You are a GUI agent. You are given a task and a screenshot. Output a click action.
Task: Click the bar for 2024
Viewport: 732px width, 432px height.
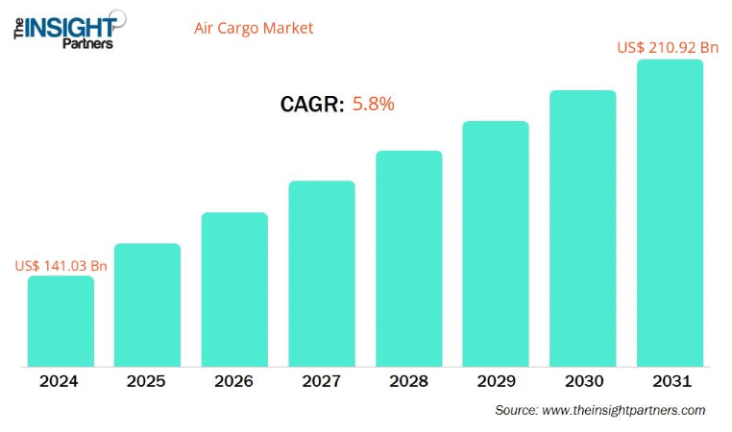pyautogui.click(x=61, y=322)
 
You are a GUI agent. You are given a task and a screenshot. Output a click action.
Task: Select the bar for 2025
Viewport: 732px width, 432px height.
pyautogui.click(x=147, y=305)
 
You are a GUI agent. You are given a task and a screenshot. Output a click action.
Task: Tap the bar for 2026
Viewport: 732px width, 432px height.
pyautogui.click(x=234, y=290)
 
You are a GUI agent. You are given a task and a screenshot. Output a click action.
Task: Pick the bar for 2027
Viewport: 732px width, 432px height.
pyautogui.click(x=322, y=274)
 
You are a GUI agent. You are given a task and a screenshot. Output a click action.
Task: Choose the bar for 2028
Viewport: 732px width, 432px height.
pyautogui.click(x=408, y=259)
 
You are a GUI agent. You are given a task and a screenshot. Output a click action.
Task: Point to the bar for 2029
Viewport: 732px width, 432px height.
pyautogui.click(x=496, y=244)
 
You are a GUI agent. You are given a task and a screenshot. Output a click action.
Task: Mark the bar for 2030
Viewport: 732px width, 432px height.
pyautogui.click(x=582, y=228)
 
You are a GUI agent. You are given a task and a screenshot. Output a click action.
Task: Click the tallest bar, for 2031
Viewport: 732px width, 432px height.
pyautogui.click(x=670, y=213)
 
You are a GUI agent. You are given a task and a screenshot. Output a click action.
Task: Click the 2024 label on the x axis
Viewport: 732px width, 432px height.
pyautogui.click(x=60, y=381)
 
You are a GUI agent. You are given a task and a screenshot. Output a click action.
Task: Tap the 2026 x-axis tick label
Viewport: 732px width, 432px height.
pyautogui.click(x=234, y=381)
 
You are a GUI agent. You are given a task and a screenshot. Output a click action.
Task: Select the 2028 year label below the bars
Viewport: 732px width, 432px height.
pyautogui.click(x=408, y=381)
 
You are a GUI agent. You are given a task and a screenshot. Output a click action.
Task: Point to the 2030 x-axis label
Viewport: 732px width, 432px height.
pyautogui.click(x=582, y=381)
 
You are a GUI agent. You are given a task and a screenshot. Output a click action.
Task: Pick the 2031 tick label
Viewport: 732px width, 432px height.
pyautogui.click(x=670, y=381)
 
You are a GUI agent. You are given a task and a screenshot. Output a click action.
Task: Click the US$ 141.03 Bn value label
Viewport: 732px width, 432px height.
pyautogui.click(x=61, y=265)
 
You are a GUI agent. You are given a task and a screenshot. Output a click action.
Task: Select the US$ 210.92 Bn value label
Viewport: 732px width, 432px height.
pyautogui.click(x=668, y=46)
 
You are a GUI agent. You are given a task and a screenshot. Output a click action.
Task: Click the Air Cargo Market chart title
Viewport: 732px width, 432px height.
pyautogui.click(x=254, y=28)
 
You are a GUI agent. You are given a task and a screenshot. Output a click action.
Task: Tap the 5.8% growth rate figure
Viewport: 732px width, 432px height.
pyautogui.click(x=374, y=104)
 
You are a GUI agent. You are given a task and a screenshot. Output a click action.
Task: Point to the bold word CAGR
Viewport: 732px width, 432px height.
pyautogui.click(x=312, y=105)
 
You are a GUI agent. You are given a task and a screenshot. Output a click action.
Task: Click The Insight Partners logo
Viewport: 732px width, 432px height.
pyautogui.click(x=65, y=28)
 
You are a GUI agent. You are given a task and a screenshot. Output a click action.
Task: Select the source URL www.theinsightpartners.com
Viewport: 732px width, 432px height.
pyautogui.click(x=623, y=410)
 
